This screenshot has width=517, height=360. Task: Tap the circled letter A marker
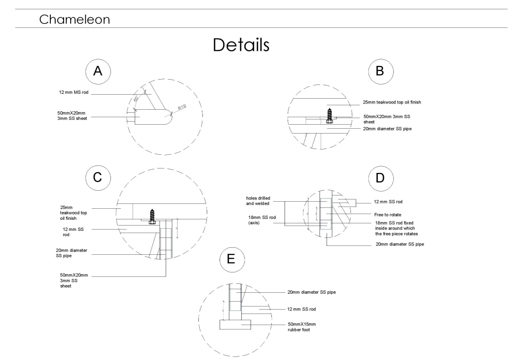click(x=98, y=72)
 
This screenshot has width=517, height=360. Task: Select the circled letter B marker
click(x=380, y=72)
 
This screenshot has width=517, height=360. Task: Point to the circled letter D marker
click(x=380, y=177)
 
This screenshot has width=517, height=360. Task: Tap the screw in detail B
click(x=329, y=115)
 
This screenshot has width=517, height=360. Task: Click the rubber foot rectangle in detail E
click(x=235, y=325)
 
